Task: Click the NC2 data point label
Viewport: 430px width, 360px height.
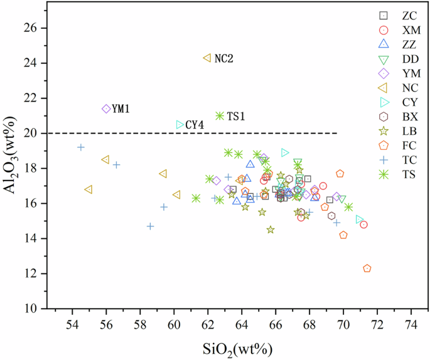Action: [x=224, y=58]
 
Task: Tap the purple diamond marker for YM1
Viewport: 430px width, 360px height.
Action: [x=106, y=109]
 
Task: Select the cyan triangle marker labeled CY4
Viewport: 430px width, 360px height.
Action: [x=180, y=125]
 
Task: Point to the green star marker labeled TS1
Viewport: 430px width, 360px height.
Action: [x=220, y=115]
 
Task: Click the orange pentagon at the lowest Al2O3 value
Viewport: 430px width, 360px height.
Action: [x=367, y=268]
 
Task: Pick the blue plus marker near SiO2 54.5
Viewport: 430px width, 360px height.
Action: [x=81, y=147]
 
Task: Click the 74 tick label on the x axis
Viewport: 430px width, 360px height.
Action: [x=411, y=326]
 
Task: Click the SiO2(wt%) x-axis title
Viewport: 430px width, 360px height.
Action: [x=242, y=347]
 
